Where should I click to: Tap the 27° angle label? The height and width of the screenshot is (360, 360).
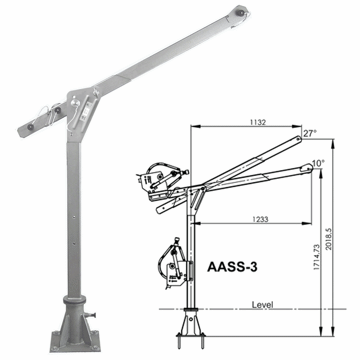point(310,131)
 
